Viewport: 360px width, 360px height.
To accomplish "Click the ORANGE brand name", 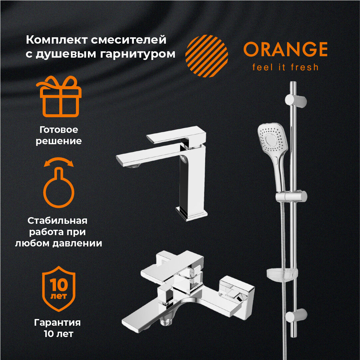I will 285,50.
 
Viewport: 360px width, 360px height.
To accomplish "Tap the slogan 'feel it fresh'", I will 285,67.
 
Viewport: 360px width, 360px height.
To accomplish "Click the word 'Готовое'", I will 59,129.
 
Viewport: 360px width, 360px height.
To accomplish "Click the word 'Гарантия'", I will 58,322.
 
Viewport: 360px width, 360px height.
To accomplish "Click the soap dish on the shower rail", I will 282,274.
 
